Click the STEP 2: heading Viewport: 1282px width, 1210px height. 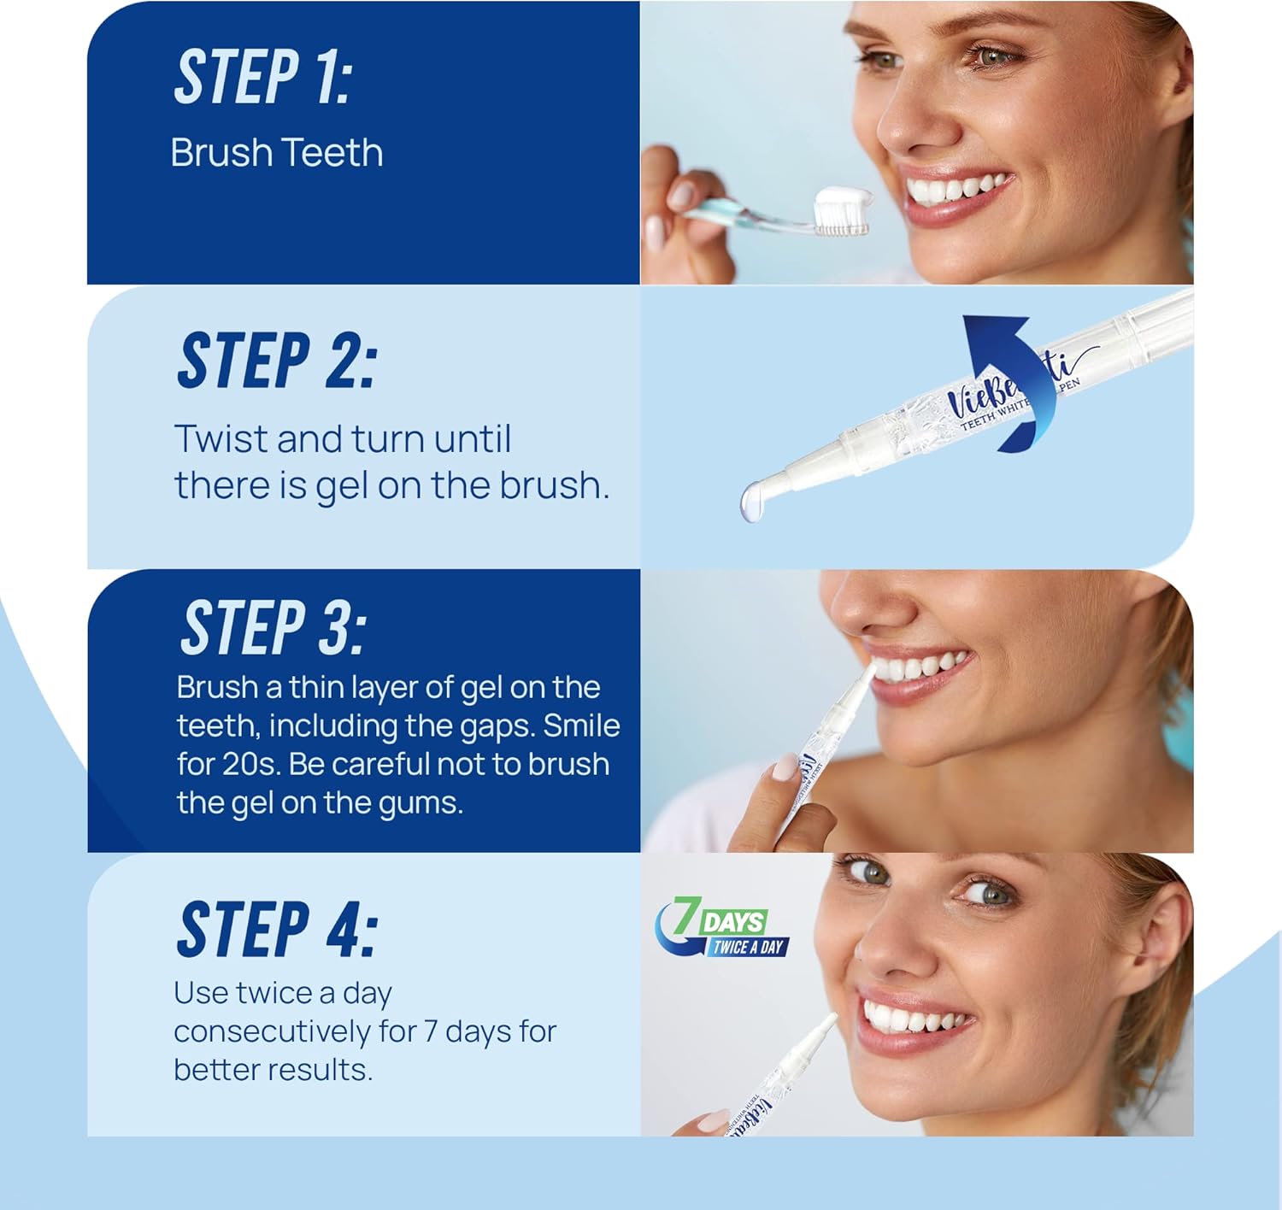pyautogui.click(x=276, y=361)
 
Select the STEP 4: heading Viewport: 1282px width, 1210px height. pyautogui.click(x=277, y=929)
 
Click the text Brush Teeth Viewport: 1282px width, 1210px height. pyautogui.click(x=276, y=153)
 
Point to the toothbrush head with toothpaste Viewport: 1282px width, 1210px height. pyautogui.click(x=842, y=213)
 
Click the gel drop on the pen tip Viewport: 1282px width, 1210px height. pyautogui.click(x=752, y=501)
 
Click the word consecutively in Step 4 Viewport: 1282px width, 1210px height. pyautogui.click(x=295, y=1031)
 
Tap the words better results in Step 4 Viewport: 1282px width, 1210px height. pyautogui.click(x=273, y=1070)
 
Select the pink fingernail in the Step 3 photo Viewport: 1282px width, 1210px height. pyautogui.click(x=785, y=767)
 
